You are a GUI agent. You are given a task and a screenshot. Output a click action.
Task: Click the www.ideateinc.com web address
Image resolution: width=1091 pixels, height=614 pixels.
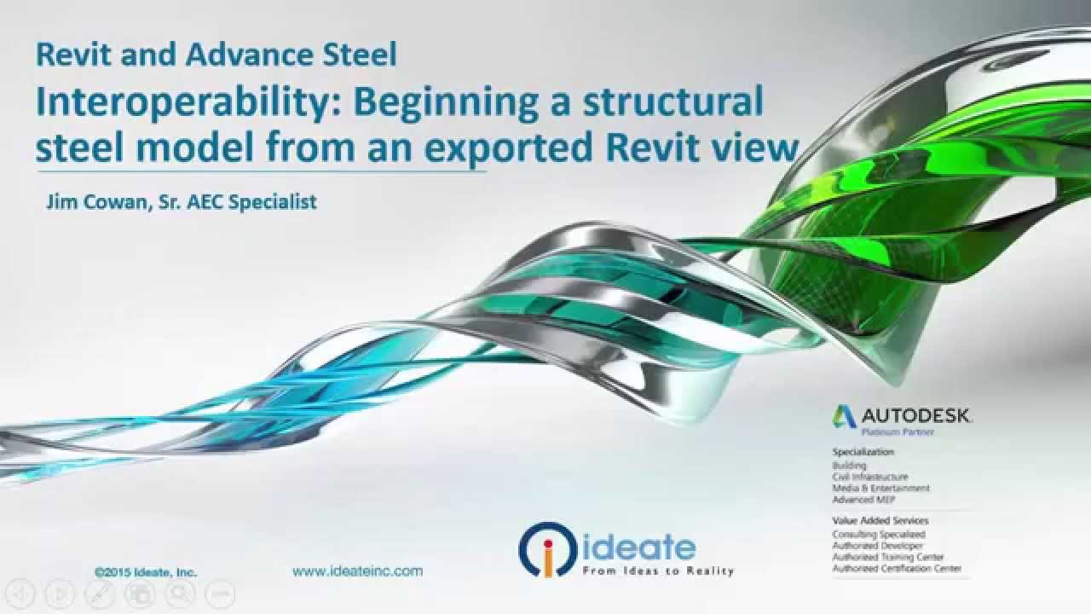[357, 571]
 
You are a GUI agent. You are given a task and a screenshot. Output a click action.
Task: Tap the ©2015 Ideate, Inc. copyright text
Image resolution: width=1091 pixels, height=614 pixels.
[146, 572]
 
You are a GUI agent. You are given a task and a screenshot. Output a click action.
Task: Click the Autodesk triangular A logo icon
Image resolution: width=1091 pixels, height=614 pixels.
[845, 416]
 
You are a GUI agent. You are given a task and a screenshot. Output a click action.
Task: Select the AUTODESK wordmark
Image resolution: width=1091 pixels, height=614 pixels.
[915, 416]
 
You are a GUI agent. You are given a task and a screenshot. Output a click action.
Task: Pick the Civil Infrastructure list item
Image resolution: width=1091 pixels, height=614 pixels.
[870, 478]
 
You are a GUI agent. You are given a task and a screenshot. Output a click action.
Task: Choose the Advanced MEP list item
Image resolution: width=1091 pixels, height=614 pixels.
[864, 500]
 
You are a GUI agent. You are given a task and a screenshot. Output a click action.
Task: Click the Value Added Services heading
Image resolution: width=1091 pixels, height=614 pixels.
[880, 520]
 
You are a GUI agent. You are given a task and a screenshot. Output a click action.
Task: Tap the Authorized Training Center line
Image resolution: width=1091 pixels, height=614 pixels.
[888, 557]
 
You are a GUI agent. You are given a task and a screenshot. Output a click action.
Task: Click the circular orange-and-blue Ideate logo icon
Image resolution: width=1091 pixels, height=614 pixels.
[548, 549]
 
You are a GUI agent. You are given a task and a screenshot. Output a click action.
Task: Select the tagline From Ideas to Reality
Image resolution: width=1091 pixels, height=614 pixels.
[657, 571]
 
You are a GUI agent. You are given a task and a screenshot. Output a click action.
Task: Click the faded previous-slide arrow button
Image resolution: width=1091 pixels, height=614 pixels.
[22, 594]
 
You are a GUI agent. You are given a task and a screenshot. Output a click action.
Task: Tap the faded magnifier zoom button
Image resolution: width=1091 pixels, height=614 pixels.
[179, 594]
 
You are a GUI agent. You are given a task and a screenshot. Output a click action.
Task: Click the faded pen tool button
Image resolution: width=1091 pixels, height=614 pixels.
[101, 594]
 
